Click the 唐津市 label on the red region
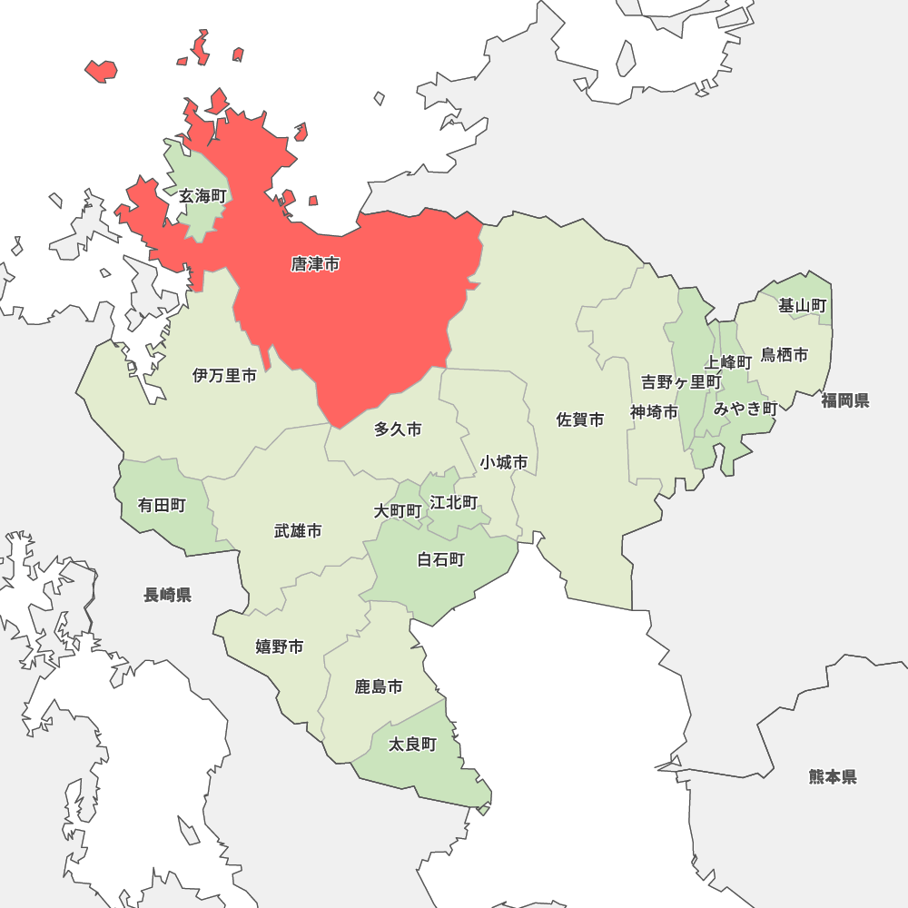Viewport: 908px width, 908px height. (315, 264)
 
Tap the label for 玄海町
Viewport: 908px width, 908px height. (202, 196)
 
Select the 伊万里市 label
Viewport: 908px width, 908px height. (224, 375)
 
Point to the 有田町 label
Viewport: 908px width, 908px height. (162, 505)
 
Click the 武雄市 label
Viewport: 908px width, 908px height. (298, 530)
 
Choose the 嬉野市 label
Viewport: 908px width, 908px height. (279, 646)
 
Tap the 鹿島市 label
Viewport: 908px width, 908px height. (379, 686)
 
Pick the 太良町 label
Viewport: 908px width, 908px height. (412, 745)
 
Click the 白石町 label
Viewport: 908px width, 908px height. (440, 559)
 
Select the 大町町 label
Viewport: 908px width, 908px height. (398, 511)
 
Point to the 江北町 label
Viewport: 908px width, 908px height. (454, 502)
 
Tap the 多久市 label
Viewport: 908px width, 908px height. (398, 429)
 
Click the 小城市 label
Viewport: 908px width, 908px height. (504, 462)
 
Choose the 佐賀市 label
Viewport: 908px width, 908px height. (580, 419)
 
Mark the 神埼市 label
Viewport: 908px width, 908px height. (655, 412)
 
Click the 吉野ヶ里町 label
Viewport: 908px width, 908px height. (681, 381)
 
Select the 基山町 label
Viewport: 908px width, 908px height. (803, 306)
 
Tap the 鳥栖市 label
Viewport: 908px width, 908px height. (785, 355)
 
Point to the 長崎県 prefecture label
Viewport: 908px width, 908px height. (167, 595)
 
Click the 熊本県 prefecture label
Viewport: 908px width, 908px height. (833, 776)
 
